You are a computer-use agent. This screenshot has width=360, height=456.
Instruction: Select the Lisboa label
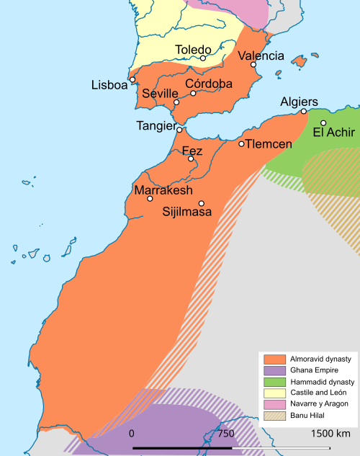coord(109,85)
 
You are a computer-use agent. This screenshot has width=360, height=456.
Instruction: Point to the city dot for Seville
coord(176,102)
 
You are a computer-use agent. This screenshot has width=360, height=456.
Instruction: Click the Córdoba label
coord(209,84)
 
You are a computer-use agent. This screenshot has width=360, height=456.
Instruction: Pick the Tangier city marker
coord(179,130)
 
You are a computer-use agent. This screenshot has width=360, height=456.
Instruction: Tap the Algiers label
coord(299,102)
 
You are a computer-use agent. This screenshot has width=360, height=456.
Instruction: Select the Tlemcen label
coord(269,144)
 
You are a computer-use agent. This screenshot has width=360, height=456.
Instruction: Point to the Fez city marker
coord(191,158)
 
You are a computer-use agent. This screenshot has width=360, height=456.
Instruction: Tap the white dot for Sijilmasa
coord(202,203)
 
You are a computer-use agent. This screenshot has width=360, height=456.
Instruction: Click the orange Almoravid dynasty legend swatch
coord(274,359)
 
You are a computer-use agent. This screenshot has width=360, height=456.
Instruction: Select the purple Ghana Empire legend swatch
coord(274,370)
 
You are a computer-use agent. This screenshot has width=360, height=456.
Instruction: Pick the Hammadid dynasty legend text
coord(318,381)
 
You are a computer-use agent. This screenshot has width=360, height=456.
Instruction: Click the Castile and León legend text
coord(315,393)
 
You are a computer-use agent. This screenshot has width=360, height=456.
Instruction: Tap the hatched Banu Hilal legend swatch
coord(274,415)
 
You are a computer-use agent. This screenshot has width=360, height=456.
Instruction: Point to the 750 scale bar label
coord(226,434)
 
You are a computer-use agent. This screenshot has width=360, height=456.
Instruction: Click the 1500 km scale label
coord(330,434)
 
